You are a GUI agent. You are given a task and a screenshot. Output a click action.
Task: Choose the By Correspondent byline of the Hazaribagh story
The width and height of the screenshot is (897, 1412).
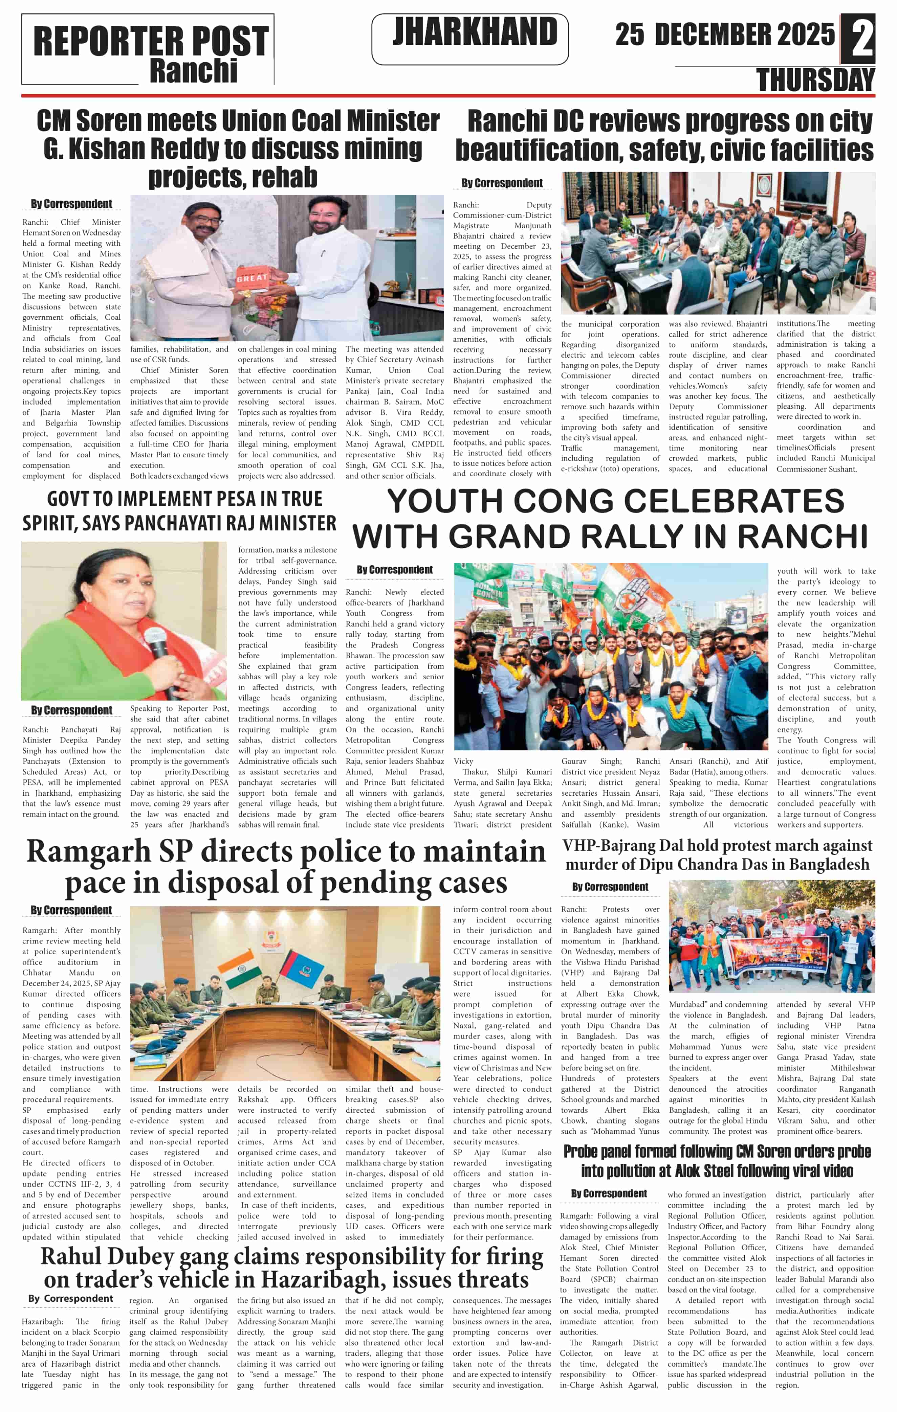point(70,1299)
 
